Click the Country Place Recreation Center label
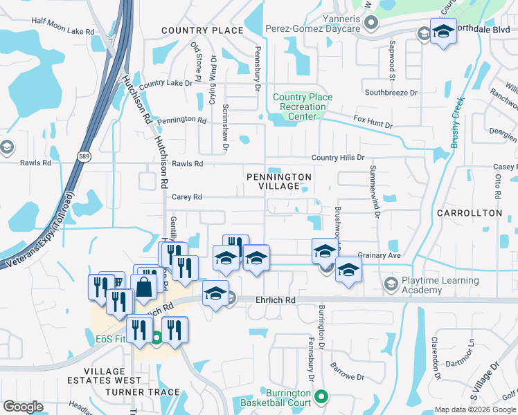pyautogui.click(x=302, y=107)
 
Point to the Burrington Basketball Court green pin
pyautogui.click(x=321, y=396)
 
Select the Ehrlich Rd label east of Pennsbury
pyautogui.click(x=274, y=300)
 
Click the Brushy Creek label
pyautogui.click(x=456, y=122)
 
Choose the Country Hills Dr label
pyautogui.click(x=337, y=158)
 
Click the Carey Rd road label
pyautogui.click(x=186, y=197)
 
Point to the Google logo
pyautogui.click(x=23, y=407)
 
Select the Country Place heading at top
pyautogui.click(x=202, y=30)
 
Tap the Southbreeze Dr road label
pyautogui.click(x=392, y=92)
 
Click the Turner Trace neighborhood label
pyautogui.click(x=143, y=392)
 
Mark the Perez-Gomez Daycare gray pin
pyautogui.click(x=371, y=24)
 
